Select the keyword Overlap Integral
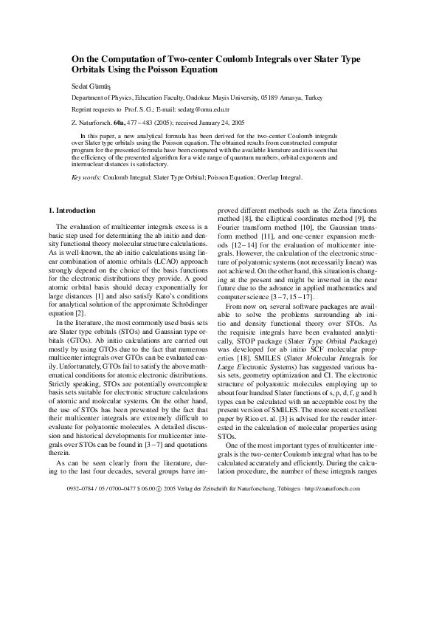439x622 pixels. (281, 178)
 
